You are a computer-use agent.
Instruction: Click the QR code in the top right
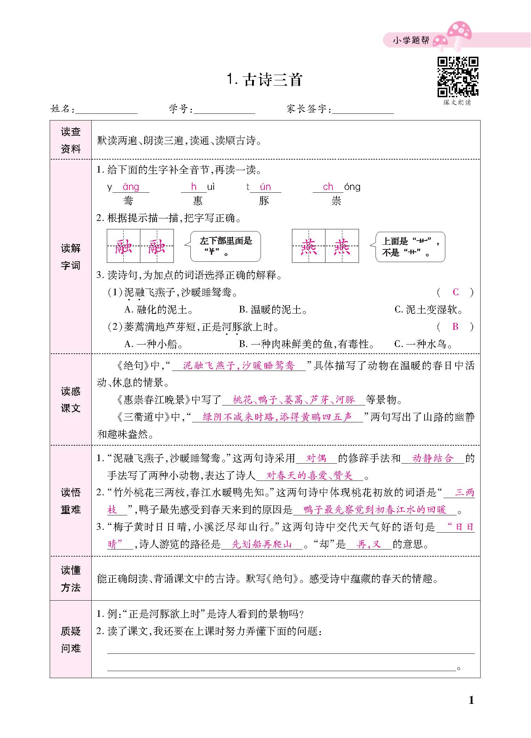[x=458, y=77]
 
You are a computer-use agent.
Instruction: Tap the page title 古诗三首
[x=265, y=80]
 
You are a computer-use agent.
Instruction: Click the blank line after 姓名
[x=106, y=111]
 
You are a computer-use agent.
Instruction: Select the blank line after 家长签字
[x=363, y=111]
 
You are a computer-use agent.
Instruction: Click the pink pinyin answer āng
[x=131, y=187]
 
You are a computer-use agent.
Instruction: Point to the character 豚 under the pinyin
[x=264, y=201]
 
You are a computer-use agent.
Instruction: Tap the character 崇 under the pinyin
[x=336, y=201]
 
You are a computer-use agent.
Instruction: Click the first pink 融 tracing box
[x=124, y=246]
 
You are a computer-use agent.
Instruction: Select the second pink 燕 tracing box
[x=342, y=246]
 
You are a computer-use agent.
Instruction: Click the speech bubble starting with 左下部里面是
[x=226, y=246]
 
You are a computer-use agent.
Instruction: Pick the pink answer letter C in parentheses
[x=456, y=292]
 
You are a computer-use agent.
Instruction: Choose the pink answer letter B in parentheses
[x=455, y=327]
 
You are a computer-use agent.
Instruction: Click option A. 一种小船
[x=154, y=344]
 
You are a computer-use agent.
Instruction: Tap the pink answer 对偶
[x=316, y=458]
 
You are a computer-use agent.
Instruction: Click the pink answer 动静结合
[x=433, y=458]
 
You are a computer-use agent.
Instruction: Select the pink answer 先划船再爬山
[x=262, y=544]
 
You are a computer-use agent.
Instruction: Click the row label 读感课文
[x=71, y=399]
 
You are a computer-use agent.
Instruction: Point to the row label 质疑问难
[x=71, y=639]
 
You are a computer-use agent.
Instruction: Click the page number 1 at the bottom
[x=471, y=700]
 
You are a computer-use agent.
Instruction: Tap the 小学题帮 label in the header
[x=411, y=41]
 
